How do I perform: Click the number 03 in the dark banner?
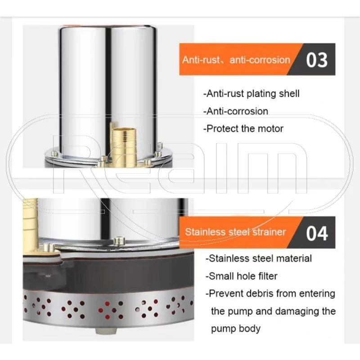point(317,60)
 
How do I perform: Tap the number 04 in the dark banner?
point(317,234)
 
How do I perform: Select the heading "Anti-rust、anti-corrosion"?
point(236,60)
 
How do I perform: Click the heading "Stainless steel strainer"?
point(235,232)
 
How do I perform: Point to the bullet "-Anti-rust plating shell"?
point(252,94)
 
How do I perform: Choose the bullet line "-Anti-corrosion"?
point(235,111)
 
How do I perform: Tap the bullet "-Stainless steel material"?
point(258,258)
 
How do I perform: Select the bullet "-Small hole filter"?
point(241,276)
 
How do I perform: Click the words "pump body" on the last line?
point(235,329)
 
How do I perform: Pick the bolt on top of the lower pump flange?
point(119,241)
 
